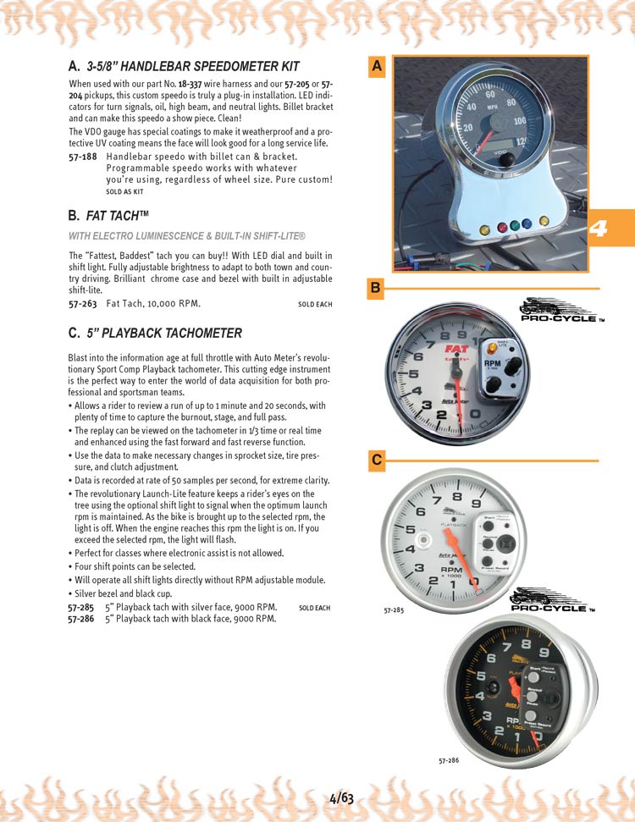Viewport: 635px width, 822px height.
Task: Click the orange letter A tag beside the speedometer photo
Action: (x=378, y=66)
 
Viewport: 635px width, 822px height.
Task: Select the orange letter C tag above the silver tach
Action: (x=377, y=461)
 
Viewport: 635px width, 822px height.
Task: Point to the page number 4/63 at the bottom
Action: (x=341, y=797)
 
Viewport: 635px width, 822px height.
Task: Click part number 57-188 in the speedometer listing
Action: (x=82, y=157)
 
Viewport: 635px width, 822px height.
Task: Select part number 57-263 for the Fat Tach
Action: (x=82, y=302)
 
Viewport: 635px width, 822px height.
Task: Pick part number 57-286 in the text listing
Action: (x=82, y=619)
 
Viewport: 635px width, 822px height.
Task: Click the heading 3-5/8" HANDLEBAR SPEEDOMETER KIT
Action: (x=193, y=66)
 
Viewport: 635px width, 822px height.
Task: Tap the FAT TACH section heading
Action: (x=113, y=216)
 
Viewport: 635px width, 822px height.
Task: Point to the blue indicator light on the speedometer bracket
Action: (x=526, y=224)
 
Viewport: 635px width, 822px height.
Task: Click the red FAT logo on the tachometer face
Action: (x=458, y=347)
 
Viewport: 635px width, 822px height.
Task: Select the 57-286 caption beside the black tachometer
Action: (x=450, y=761)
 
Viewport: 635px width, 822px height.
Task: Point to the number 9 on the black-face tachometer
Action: (x=545, y=653)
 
